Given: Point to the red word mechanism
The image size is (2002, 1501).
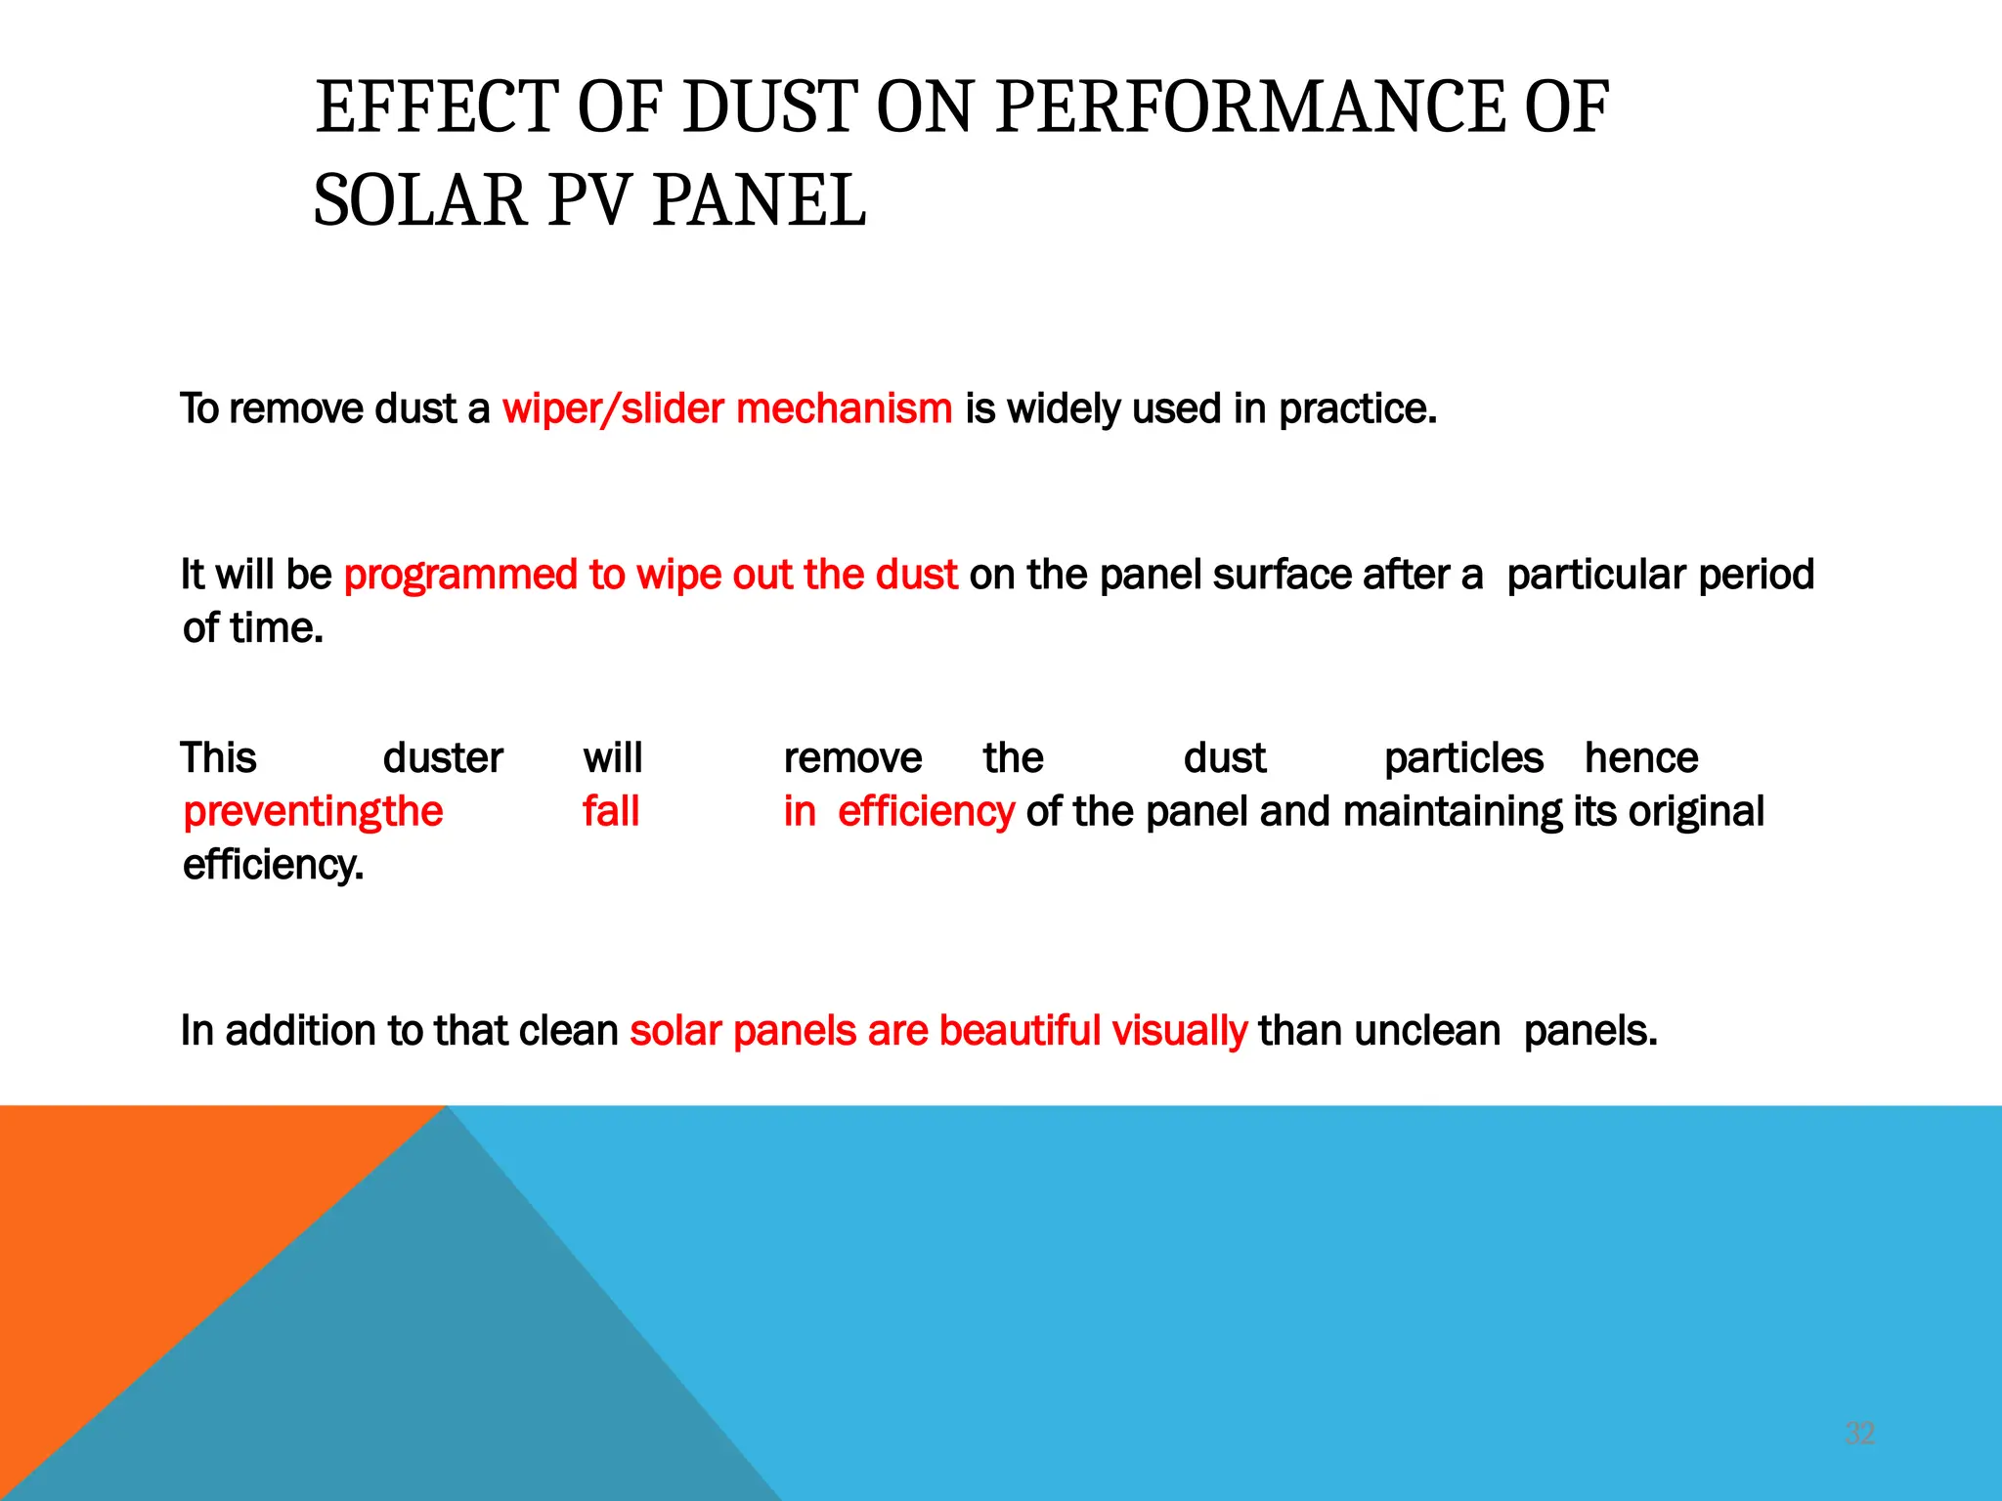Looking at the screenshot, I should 844,408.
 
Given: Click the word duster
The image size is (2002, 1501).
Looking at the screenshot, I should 443,758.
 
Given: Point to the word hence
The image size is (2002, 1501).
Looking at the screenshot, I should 1641,758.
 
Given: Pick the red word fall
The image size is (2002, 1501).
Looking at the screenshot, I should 611,811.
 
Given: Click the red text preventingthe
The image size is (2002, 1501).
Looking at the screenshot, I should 313,811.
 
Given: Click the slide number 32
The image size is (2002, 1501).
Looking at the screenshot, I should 1859,1434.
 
